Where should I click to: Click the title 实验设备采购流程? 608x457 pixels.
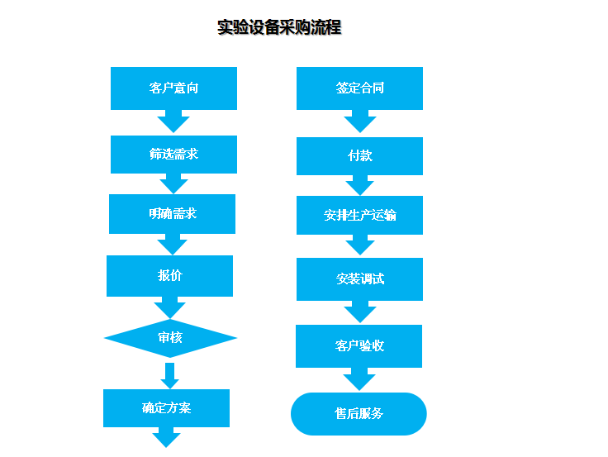pyautogui.click(x=279, y=27)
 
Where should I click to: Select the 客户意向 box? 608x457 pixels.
pyautogui.click(x=173, y=88)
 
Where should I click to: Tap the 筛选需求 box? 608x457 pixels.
pyautogui.click(x=173, y=155)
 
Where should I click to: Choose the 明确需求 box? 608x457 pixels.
pyautogui.click(x=172, y=214)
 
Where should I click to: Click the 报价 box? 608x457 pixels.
pyautogui.click(x=170, y=276)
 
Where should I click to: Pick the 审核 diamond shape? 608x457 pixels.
pyautogui.click(x=170, y=338)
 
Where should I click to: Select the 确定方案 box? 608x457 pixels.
pyautogui.click(x=166, y=408)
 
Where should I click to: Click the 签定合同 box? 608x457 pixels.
pyautogui.click(x=360, y=88)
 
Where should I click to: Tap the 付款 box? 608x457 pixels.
pyautogui.click(x=360, y=156)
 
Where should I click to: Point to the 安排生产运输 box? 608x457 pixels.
pyautogui.click(x=360, y=216)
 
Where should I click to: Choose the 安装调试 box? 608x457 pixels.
pyautogui.click(x=360, y=279)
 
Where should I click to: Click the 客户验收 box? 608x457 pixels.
pyautogui.click(x=359, y=346)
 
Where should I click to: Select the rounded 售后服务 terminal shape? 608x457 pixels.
pyautogui.click(x=359, y=414)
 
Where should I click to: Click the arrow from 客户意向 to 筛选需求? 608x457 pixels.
pyautogui.click(x=173, y=121)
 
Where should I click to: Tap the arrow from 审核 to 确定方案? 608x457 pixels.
pyautogui.click(x=170, y=375)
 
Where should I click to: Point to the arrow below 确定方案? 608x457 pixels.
pyautogui.click(x=166, y=437)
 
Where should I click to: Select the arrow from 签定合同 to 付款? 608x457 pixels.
pyautogui.click(x=360, y=121)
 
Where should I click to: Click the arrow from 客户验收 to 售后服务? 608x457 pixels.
pyautogui.click(x=359, y=379)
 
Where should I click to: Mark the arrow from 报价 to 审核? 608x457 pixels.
pyautogui.click(x=170, y=307)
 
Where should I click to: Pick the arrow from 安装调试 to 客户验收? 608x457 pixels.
pyautogui.click(x=360, y=312)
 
